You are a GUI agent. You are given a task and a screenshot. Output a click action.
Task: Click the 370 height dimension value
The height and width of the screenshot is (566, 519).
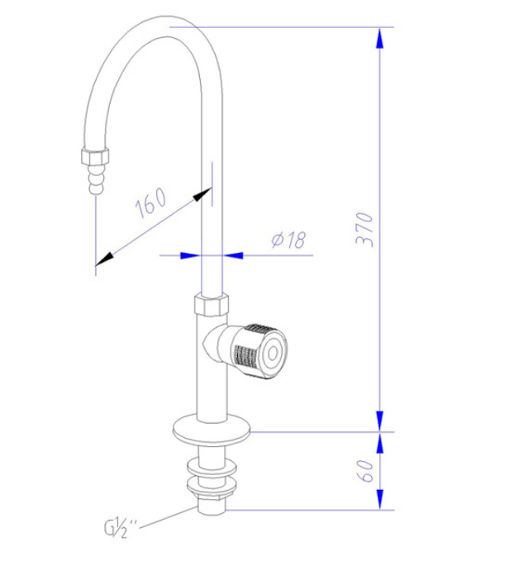coord(364,229)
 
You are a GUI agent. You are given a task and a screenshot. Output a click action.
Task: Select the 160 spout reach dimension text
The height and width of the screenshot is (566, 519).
coord(151,202)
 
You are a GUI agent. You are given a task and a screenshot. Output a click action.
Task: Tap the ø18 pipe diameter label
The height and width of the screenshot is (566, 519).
coord(288,240)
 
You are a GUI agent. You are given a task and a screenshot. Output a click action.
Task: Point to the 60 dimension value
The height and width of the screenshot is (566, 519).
coord(365,471)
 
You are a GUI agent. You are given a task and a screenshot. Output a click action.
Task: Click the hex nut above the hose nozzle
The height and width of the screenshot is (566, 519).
coord(95,156)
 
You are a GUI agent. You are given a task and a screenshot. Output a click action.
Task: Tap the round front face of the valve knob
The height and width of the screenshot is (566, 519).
coord(273,352)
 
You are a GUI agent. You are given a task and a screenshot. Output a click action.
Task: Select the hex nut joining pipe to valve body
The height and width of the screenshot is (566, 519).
coord(211,305)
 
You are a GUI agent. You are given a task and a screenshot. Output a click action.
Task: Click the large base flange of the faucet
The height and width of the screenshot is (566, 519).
coord(211,431)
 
